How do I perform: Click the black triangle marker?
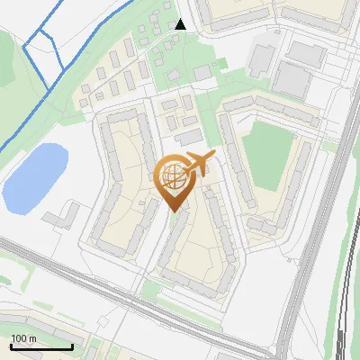[181, 24]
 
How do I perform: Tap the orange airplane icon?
[198, 164]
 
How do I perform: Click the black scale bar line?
[41, 346]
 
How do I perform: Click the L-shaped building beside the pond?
[63, 217]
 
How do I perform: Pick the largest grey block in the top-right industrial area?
[291, 78]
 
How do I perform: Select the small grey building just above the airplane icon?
[190, 137]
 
